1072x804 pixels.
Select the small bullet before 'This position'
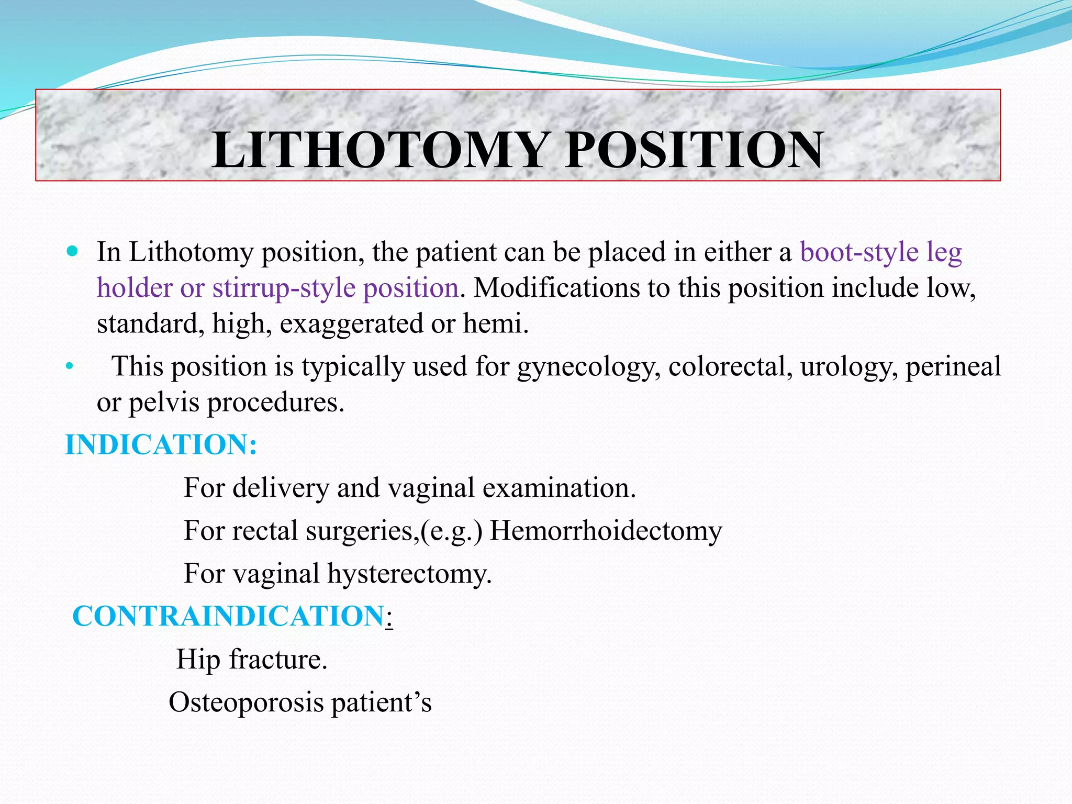[69, 367]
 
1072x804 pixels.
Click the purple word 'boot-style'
[859, 252]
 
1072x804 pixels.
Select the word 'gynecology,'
[589, 367]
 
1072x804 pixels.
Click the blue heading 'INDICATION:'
[161, 445]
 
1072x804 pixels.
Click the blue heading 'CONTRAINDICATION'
[228, 616]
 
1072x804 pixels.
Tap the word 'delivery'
[281, 488]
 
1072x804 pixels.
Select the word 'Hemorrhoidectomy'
[606, 531]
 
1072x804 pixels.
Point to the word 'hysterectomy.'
[410, 574]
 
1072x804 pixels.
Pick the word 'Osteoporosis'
[246, 702]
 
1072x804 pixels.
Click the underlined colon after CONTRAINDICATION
[389, 619]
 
